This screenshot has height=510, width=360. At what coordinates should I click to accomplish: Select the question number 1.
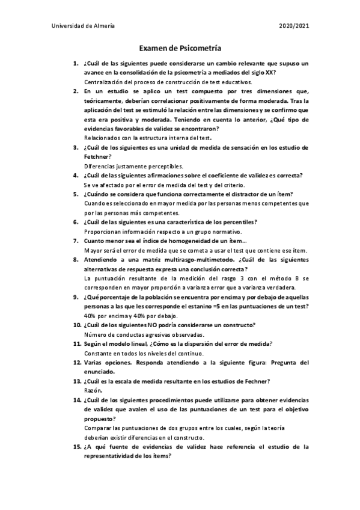(x=75, y=63)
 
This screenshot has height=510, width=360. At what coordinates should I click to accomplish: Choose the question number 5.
(x=75, y=194)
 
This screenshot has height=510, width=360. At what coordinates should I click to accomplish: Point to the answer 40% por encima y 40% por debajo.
(x=131, y=315)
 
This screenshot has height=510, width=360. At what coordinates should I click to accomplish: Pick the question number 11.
(x=76, y=343)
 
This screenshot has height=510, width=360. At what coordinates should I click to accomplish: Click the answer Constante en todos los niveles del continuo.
(x=145, y=353)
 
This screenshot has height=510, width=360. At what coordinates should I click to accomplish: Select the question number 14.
(x=76, y=399)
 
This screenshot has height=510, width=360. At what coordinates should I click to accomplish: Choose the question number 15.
(x=76, y=446)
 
